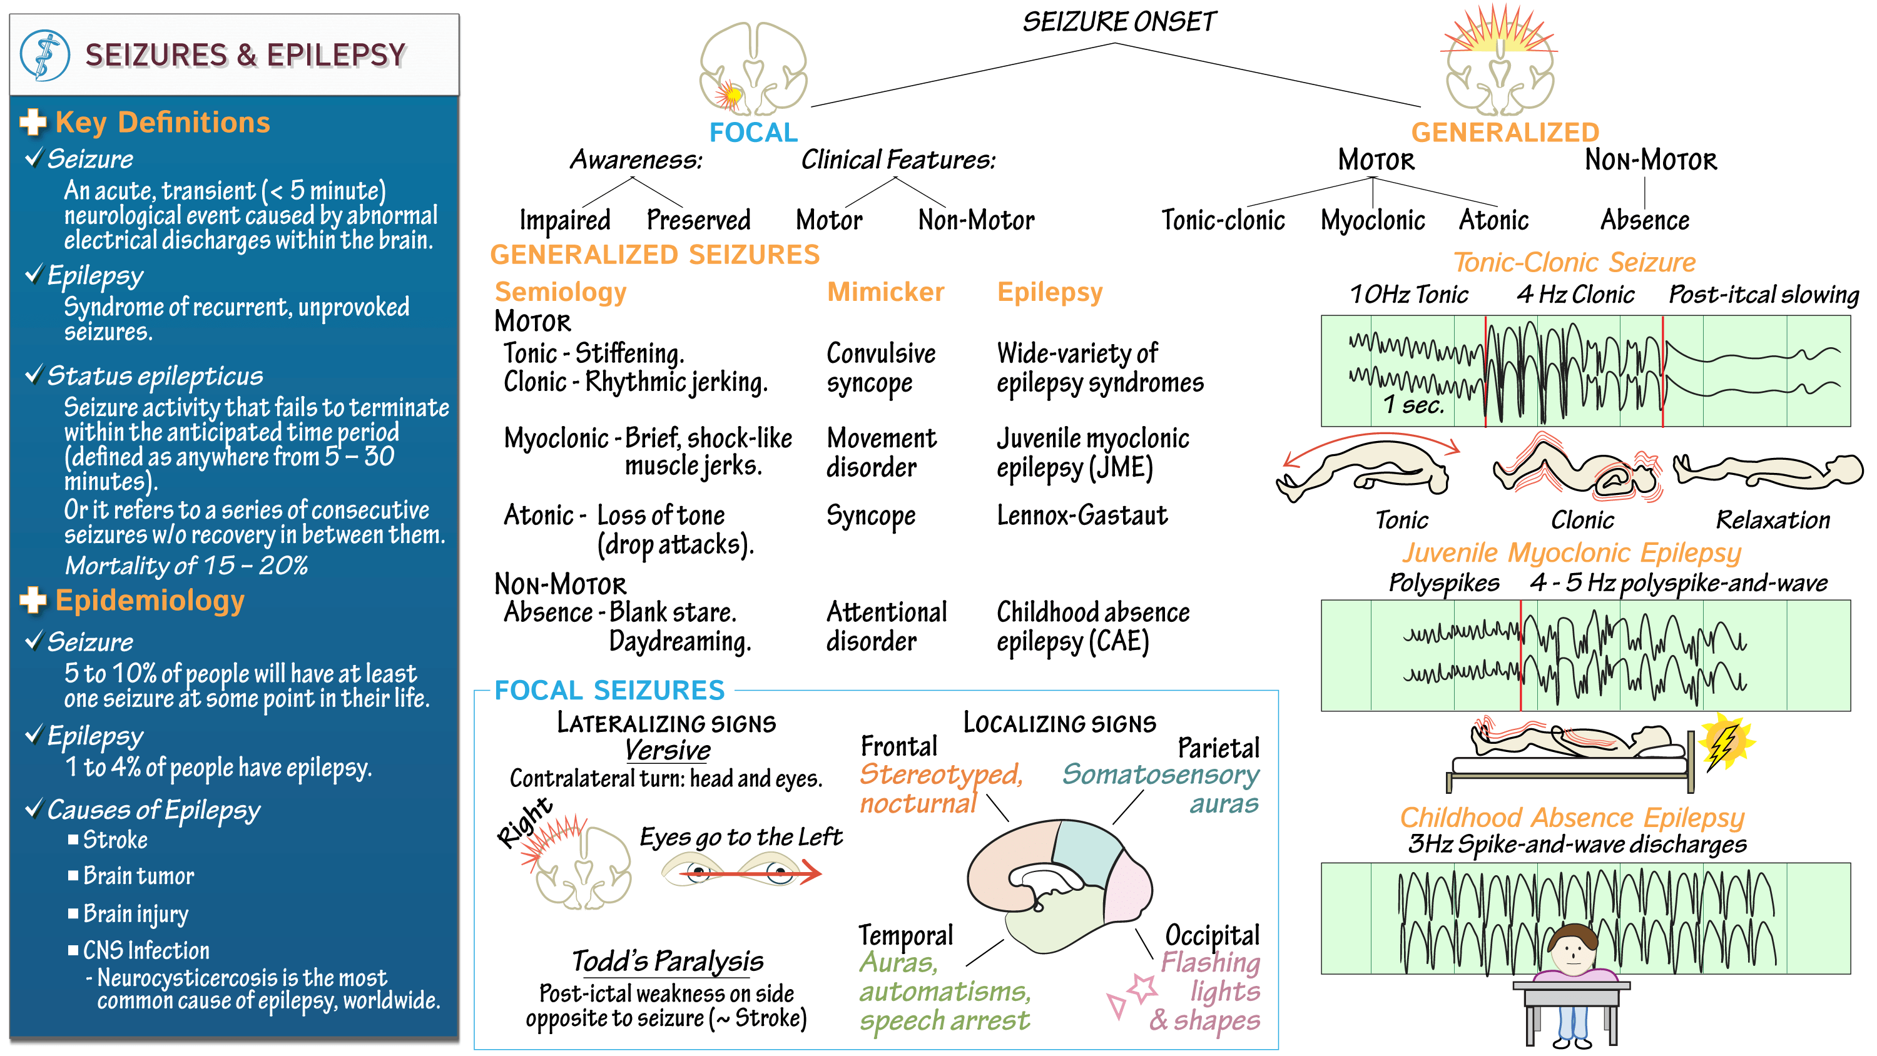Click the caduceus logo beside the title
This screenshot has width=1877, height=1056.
(44, 54)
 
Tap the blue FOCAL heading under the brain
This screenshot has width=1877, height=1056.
(753, 133)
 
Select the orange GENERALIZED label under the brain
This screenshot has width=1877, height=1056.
(1505, 133)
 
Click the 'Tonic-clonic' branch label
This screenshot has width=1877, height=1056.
(1223, 220)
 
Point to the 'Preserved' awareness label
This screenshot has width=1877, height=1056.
(698, 220)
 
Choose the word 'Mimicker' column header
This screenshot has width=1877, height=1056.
(885, 292)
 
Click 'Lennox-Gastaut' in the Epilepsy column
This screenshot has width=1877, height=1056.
(1082, 515)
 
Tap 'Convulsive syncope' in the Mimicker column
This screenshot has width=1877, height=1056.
(881, 368)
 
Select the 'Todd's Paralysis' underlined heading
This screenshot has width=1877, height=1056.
(668, 962)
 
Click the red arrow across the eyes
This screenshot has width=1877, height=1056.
(751, 871)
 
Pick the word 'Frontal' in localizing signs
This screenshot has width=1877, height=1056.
(899, 746)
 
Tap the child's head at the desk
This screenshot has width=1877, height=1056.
(1572, 947)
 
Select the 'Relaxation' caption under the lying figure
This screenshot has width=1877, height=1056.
(1773, 520)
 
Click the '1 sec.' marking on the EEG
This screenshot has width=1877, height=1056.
(1413, 405)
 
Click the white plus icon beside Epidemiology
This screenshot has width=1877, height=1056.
(33, 600)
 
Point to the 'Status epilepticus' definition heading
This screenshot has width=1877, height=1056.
(155, 376)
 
